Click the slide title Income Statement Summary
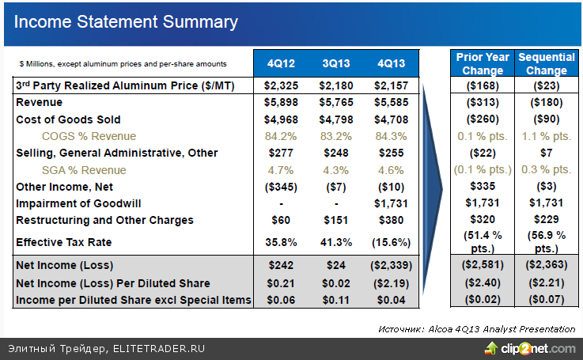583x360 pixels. coord(126,22)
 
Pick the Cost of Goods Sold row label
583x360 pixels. coord(69,119)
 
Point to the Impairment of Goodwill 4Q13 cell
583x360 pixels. coord(392,203)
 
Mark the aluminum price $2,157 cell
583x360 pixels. coord(392,85)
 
